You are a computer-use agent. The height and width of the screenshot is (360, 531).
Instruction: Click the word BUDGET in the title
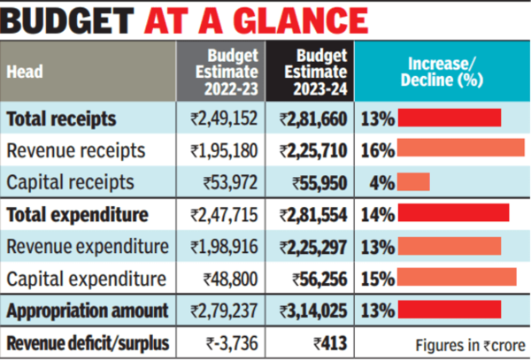coord(67,20)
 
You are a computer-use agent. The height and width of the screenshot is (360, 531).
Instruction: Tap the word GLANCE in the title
coord(300,20)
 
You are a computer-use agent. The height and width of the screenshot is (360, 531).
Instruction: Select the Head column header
coord(25,72)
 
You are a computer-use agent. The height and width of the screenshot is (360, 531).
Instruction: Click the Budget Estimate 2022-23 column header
coord(227,72)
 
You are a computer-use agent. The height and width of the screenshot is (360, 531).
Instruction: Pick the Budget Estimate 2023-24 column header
coord(316,72)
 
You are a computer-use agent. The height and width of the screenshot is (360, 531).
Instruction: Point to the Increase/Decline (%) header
coord(442,72)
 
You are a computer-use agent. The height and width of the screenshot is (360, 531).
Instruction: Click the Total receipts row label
coord(61,119)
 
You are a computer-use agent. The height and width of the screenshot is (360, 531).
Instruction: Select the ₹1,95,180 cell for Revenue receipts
coord(224,151)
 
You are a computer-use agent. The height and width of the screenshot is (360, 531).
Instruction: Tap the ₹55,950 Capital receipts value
coord(320,183)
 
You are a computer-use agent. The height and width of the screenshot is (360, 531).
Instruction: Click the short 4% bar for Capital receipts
coord(414,182)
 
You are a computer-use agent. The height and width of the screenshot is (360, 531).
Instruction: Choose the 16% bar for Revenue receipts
coord(461,148)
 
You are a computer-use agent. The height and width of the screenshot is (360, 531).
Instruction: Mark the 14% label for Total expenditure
coord(378,215)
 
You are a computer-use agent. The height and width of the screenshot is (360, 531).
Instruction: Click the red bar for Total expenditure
coord(453,212)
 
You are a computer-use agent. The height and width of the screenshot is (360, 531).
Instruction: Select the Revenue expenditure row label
coord(88,246)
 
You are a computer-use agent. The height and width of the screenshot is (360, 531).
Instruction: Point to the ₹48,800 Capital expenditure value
coord(231,280)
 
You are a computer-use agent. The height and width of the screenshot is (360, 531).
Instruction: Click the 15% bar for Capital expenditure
coord(458,277)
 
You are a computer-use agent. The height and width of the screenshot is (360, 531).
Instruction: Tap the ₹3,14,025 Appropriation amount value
coord(313,311)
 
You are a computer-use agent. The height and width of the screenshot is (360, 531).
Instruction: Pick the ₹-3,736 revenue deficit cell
coord(232,343)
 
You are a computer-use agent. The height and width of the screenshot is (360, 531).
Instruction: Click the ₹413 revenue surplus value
coord(330,343)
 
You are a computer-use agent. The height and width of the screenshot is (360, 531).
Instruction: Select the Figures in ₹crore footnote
coord(471,346)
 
